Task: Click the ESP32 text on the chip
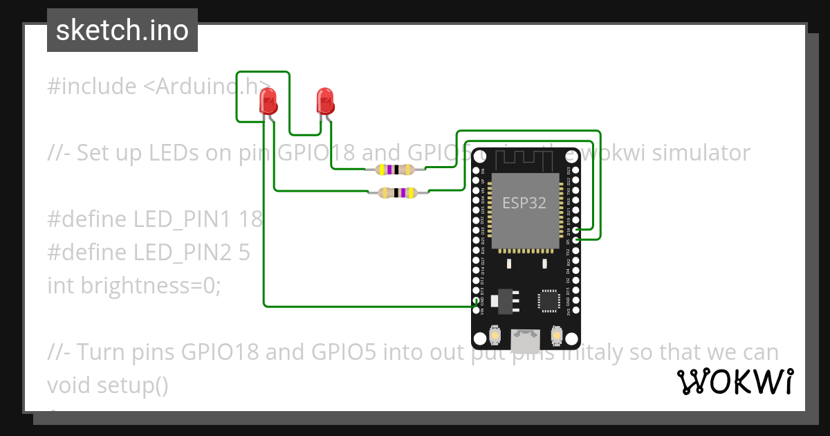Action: (524, 203)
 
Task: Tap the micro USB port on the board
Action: (526, 338)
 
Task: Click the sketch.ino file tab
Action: (122, 30)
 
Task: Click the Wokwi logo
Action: (735, 381)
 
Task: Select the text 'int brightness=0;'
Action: (134, 285)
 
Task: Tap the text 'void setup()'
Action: (108, 385)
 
